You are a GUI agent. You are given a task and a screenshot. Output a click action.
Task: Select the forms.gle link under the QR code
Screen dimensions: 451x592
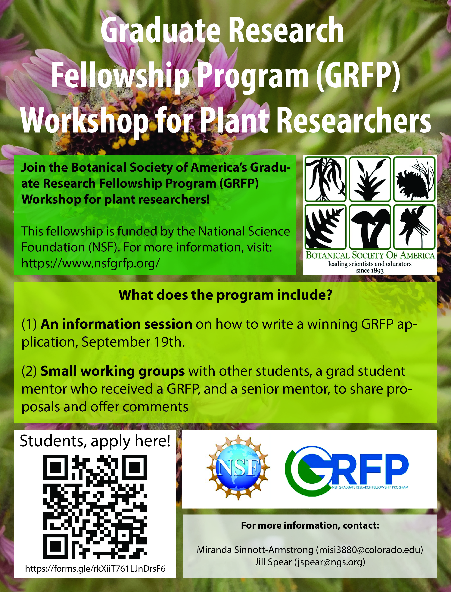pyautogui.click(x=95, y=568)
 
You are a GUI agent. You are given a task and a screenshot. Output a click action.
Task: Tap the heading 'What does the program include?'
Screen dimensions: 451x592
pyautogui.click(x=225, y=295)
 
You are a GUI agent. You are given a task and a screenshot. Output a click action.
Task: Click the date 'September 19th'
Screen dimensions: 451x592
pyautogui.click(x=133, y=342)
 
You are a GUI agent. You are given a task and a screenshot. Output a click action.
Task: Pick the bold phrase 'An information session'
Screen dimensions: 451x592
pyautogui.click(x=116, y=324)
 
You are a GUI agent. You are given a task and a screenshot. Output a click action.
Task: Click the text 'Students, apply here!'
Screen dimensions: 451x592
pyautogui.click(x=95, y=441)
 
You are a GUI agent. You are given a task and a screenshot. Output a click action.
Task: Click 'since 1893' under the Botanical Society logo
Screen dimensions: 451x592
pyautogui.click(x=370, y=270)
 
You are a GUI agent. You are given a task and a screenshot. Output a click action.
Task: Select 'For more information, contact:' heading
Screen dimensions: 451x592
pyautogui.click(x=310, y=525)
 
